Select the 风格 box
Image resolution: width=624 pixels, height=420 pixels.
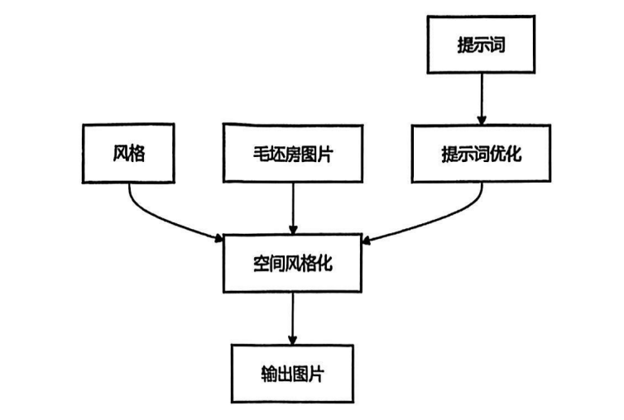click(x=128, y=153)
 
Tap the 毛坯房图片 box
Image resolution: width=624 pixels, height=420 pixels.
click(x=291, y=153)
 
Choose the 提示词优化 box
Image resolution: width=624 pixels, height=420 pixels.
click(x=481, y=153)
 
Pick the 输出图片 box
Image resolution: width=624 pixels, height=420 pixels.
click(x=291, y=373)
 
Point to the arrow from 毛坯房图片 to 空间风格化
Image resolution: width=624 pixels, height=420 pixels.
click(x=292, y=207)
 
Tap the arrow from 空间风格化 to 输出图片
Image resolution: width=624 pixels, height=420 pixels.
click(x=292, y=317)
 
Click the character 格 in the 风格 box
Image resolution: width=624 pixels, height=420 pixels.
click(x=137, y=153)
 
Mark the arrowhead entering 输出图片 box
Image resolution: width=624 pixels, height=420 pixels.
click(x=292, y=340)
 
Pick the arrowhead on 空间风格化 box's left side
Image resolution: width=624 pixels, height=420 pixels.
click(x=220, y=239)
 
